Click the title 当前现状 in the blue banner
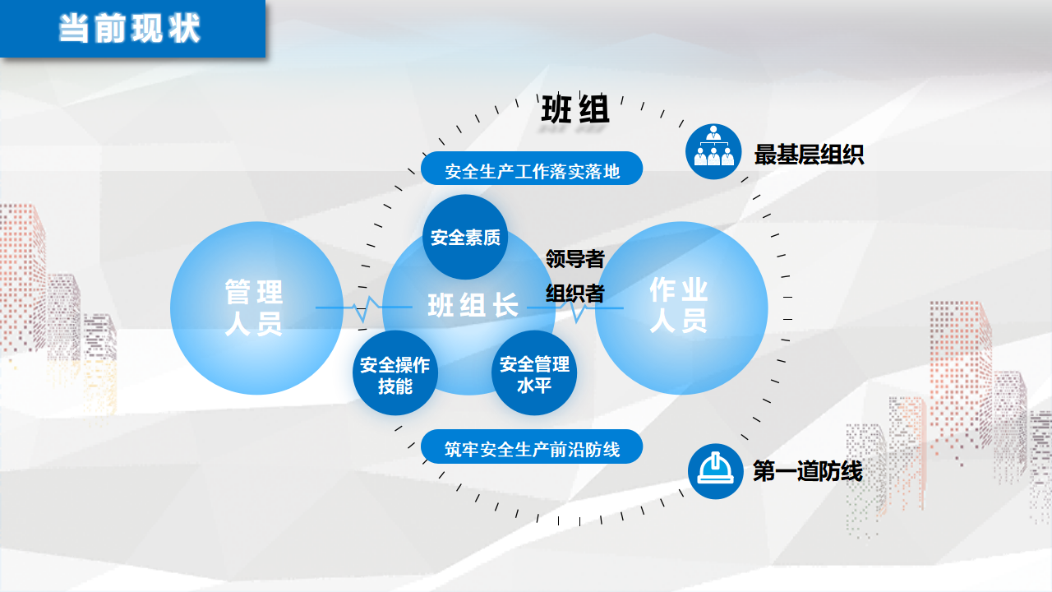coord(130,28)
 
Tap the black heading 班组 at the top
coord(575,109)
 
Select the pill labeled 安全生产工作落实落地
coord(532,169)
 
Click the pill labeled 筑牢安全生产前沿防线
coord(532,446)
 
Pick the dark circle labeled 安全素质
coord(465,237)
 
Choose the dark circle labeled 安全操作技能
coord(395,373)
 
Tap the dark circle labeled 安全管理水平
coord(534,373)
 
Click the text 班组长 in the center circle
coord(473,305)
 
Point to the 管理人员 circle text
coord(254,308)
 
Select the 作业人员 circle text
coord(679,305)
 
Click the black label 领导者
coord(574,259)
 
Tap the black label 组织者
coord(574,294)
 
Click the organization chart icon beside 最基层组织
coord(713,151)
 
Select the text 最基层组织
coord(809,154)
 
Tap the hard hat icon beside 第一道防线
coord(715,471)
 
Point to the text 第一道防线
coord(808,471)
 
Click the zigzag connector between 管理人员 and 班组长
coord(364,308)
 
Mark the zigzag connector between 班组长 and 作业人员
coord(575,308)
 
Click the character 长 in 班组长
coord(505,305)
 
